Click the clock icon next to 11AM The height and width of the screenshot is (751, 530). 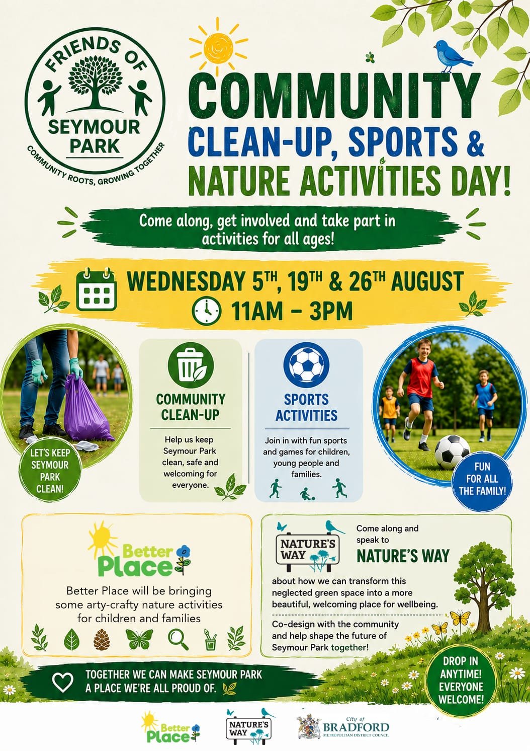click(x=206, y=311)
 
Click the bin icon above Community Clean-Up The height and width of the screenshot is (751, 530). click(x=191, y=365)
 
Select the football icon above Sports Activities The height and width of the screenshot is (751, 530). click(x=306, y=365)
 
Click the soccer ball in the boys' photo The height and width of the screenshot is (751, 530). click(x=452, y=452)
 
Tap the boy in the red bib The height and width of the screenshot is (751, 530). click(x=420, y=392)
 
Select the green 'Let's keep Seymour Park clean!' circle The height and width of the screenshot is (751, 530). click(x=50, y=471)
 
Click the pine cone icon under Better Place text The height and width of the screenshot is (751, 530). click(x=102, y=639)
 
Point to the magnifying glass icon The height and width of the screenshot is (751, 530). click(x=178, y=639)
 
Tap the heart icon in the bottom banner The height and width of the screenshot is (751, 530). click(x=63, y=682)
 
